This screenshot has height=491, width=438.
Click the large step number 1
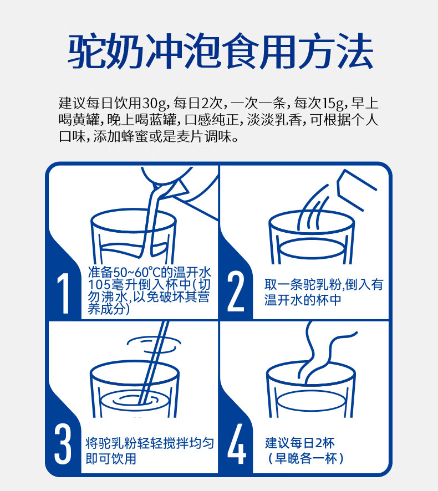pos(64,293)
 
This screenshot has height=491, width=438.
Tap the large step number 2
pos(236,291)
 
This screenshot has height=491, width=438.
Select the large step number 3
pos(63,443)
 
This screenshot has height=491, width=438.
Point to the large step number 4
pos(237,443)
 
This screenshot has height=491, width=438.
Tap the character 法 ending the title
pos(355,51)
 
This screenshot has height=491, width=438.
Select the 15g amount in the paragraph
pos(334,103)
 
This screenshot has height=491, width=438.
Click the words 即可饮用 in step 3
pos(111,458)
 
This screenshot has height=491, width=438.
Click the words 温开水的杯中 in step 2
pos(303,300)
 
